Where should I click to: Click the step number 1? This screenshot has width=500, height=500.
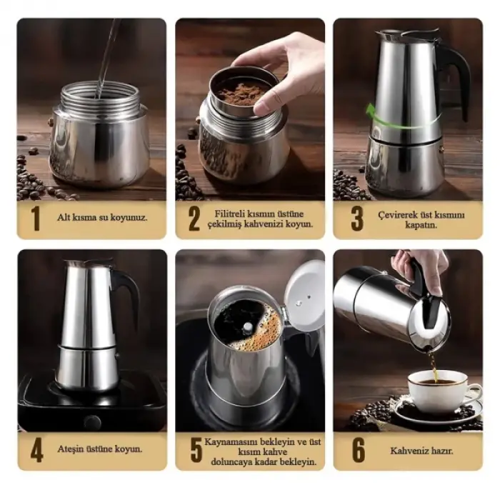[x=35, y=219]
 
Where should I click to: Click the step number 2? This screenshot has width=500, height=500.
[x=194, y=219]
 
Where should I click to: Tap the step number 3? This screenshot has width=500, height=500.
[x=356, y=219]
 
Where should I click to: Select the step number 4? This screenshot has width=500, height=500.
[x=36, y=450]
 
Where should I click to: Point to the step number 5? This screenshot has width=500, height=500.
[x=195, y=450]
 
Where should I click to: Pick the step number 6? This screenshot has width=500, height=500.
[x=357, y=450]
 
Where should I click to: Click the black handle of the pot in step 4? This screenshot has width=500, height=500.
[x=129, y=293]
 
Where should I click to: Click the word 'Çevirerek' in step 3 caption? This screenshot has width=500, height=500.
[x=397, y=213]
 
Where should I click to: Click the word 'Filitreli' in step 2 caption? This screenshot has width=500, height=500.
[x=234, y=213]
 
